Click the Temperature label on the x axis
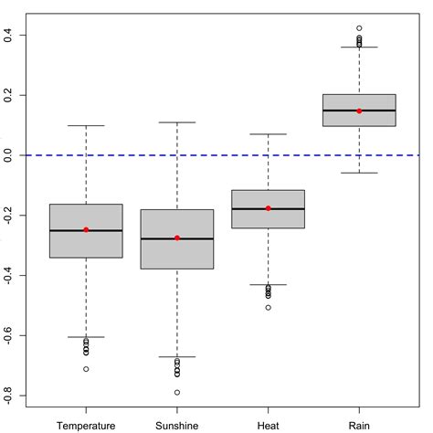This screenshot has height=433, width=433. click(86, 425)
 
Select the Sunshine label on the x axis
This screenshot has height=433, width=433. click(176, 425)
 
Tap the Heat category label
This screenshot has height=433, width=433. click(268, 425)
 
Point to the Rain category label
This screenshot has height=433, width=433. click(359, 425)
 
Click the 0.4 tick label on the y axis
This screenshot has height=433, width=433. click(7, 35)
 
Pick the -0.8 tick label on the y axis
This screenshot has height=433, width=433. click(7, 395)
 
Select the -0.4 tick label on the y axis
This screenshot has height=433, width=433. click(7, 275)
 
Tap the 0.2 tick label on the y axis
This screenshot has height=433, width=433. click(7, 95)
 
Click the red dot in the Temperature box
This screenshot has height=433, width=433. click(86, 229)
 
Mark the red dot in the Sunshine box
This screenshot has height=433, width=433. click(176, 238)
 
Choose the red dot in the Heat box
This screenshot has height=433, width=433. click(268, 208)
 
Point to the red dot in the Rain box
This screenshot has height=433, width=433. click(359, 111)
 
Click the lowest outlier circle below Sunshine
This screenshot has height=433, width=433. click(176, 392)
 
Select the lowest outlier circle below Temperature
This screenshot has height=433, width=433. click(86, 369)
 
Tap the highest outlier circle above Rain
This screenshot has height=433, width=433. click(359, 28)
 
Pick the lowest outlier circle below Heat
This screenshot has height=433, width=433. click(268, 307)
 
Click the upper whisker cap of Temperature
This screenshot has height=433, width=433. click(86, 125)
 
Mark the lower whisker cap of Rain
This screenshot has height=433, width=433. click(359, 173)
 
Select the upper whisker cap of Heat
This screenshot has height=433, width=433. click(268, 134)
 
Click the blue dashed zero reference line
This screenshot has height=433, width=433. click(219, 155)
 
